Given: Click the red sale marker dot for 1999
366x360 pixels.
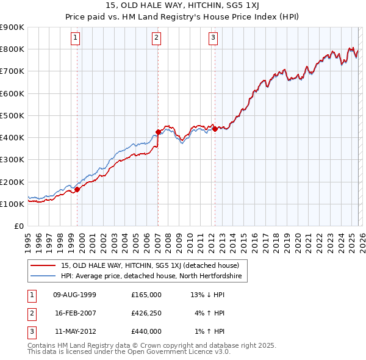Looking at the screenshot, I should pyautogui.click(x=77, y=189).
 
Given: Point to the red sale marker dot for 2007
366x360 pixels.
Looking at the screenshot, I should pyautogui.click(x=158, y=132).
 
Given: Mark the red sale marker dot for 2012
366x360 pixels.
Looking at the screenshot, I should pyautogui.click(x=215, y=129).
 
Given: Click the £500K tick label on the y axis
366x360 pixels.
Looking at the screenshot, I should pyautogui.click(x=12, y=115).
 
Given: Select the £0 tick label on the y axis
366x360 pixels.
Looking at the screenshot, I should pyautogui.click(x=19, y=226).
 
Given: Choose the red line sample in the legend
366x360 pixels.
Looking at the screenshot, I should pyautogui.click(x=43, y=265).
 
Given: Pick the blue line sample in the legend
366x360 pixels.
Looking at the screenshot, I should pyautogui.click(x=43, y=276).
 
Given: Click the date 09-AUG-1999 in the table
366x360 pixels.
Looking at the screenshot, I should pyautogui.click(x=75, y=295).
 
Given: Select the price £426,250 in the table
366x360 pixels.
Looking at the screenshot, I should pyautogui.click(x=146, y=313).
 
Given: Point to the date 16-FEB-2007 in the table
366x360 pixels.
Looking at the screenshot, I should pyautogui.click(x=75, y=313).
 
